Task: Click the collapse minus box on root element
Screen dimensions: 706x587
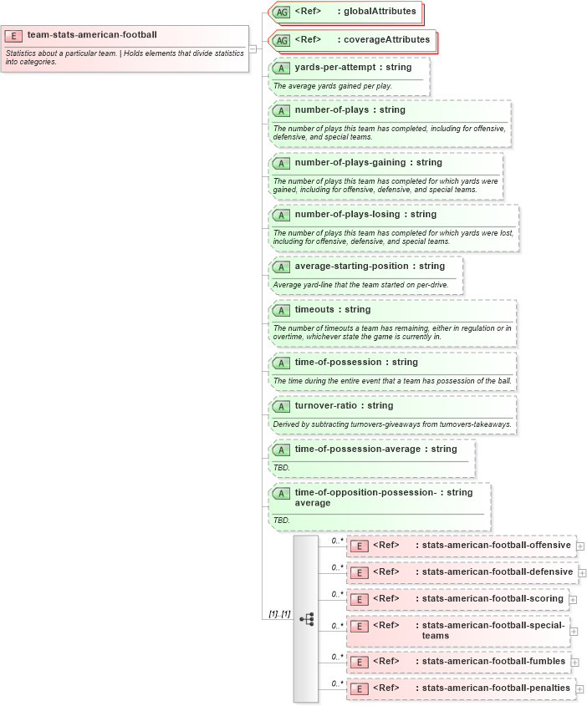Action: pos(253,48)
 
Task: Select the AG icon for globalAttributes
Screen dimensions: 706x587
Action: pos(283,12)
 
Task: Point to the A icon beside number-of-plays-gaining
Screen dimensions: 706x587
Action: pos(283,163)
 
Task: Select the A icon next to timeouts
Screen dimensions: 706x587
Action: pos(283,310)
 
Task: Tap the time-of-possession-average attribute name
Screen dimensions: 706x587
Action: pos(357,449)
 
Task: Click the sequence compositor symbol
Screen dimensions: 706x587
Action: pos(306,618)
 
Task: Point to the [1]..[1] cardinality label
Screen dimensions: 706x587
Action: pos(279,614)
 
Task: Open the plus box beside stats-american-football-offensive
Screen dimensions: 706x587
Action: pos(580,546)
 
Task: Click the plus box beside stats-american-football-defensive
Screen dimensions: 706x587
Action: pos(583,572)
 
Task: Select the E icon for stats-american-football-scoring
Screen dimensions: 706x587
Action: pos(359,599)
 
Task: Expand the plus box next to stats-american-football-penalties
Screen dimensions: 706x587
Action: pos(579,688)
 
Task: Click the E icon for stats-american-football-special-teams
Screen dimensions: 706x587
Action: pos(359,627)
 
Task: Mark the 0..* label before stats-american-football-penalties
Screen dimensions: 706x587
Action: pos(338,683)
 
